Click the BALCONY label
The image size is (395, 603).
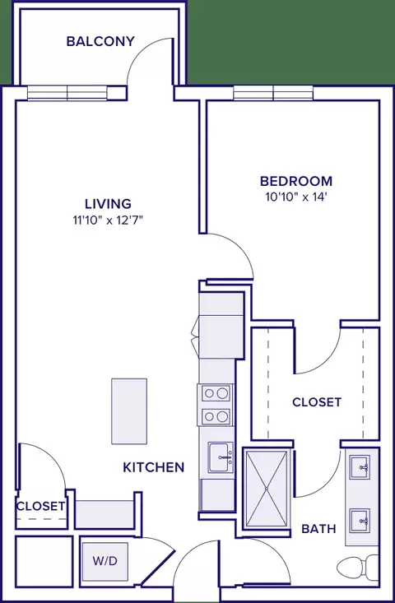pyautogui.click(x=100, y=41)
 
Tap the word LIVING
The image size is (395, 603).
pyautogui.click(x=108, y=203)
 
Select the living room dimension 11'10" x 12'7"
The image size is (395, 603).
pyautogui.click(x=108, y=220)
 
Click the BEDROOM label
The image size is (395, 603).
pyautogui.click(x=296, y=181)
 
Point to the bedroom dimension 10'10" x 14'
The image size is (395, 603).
pyautogui.click(x=296, y=197)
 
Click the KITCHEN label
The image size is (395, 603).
pyautogui.click(x=153, y=467)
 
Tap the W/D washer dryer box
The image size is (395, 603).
pyautogui.click(x=105, y=562)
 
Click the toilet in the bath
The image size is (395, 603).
pyautogui.click(x=358, y=568)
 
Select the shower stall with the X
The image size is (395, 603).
pyautogui.click(x=267, y=489)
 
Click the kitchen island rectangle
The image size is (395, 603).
pyautogui.click(x=129, y=411)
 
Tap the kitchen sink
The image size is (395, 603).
pyautogui.click(x=221, y=457)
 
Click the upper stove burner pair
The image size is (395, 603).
pyautogui.click(x=216, y=393)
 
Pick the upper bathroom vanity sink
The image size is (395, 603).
pyautogui.click(x=360, y=467)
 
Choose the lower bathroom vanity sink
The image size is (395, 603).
pyautogui.click(x=360, y=520)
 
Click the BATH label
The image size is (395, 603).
pyautogui.click(x=318, y=529)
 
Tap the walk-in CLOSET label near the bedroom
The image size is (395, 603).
pyautogui.click(x=317, y=402)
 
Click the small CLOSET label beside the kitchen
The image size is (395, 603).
pyautogui.click(x=40, y=506)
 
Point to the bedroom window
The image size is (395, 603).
pyautogui.click(x=273, y=93)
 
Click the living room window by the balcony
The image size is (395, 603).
pyautogui.click(x=67, y=93)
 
